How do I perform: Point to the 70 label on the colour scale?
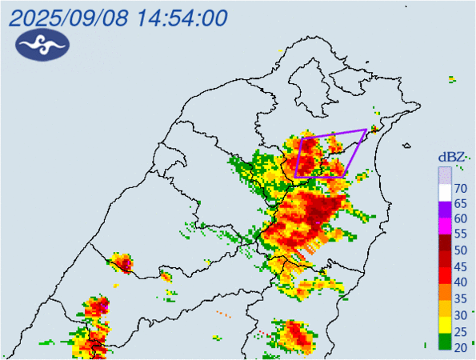click(461, 188)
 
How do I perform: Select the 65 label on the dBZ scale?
click(461, 203)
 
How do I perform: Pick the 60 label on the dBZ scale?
click(461, 219)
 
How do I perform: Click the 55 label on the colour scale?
click(461, 235)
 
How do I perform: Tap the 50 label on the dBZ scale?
click(461, 250)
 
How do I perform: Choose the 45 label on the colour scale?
click(461, 266)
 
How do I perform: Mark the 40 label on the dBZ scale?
click(461, 282)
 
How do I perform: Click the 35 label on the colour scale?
click(461, 298)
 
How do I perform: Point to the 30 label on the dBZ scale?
click(461, 314)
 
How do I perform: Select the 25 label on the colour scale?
click(461, 330)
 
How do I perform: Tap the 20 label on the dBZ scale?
click(461, 346)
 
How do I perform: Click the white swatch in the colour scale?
click(444, 190)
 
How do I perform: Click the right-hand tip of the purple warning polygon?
click(366, 130)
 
